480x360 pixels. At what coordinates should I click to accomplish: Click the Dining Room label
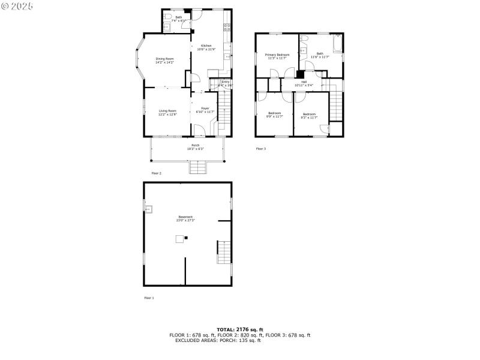coord(164,60)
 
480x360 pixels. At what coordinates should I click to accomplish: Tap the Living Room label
coord(167,112)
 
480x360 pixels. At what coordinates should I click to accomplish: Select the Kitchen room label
coord(206,47)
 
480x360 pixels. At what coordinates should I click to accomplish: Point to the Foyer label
coord(205,110)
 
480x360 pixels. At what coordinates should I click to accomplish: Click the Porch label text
coord(196,146)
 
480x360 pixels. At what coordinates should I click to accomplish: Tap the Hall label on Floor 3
coord(304,83)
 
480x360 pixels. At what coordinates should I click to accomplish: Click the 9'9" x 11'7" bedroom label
coord(275,115)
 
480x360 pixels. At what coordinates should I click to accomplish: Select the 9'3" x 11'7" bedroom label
coord(309,115)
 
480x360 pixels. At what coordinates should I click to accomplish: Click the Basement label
coord(185,218)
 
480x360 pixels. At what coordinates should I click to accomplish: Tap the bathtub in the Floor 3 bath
coord(338,46)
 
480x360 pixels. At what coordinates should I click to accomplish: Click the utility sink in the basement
coord(148,209)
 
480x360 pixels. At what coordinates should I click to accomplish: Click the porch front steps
coord(198,168)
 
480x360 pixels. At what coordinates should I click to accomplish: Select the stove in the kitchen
coord(227,26)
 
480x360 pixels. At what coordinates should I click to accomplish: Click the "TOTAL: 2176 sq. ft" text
coord(240,330)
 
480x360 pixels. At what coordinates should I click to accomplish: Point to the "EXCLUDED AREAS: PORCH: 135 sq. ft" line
coord(218,340)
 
